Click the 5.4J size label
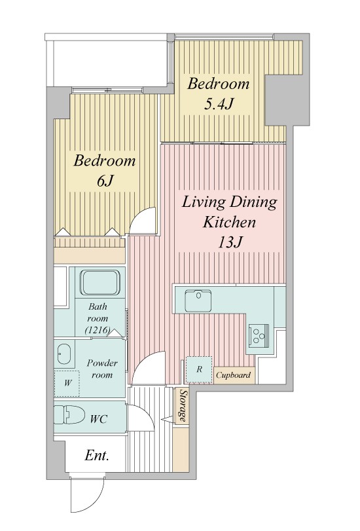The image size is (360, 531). point(218,105)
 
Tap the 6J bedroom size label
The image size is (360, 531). point(104,181)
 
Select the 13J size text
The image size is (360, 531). point(230,242)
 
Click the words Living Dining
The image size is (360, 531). point(229,202)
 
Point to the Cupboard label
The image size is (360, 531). point(234,375)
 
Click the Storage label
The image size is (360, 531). point(183,406)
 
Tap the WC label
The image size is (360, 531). point(99,419)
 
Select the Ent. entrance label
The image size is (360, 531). point(97,456)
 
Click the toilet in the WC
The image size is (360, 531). point(69,414)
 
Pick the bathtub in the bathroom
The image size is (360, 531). point(100,282)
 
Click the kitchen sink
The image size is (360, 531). point(198,301)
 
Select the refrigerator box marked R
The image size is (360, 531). point(199,369)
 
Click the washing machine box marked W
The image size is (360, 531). point(67,383)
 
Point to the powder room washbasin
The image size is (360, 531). point(64,354)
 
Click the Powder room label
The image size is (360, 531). point(102,369)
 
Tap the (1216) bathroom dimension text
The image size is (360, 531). point(98,330)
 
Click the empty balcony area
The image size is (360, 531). point(110,64)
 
